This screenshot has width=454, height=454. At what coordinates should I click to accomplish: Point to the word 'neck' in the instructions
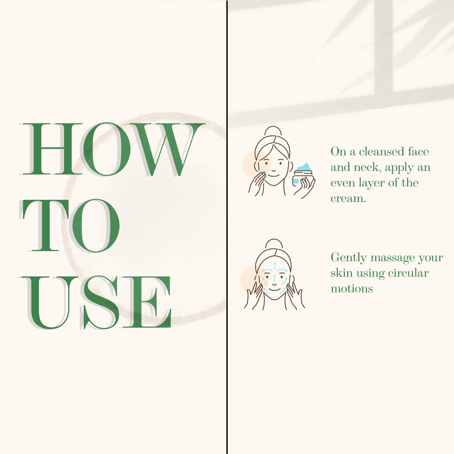point(366,167)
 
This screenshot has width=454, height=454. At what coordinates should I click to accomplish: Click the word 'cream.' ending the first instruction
point(348,199)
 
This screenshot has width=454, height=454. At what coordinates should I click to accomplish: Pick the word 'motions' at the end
point(352,289)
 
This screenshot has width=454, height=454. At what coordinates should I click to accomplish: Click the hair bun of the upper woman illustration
point(273,131)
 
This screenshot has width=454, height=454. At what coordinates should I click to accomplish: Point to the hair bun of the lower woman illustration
point(274,244)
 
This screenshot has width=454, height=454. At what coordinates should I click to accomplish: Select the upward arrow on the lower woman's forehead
point(275,265)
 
